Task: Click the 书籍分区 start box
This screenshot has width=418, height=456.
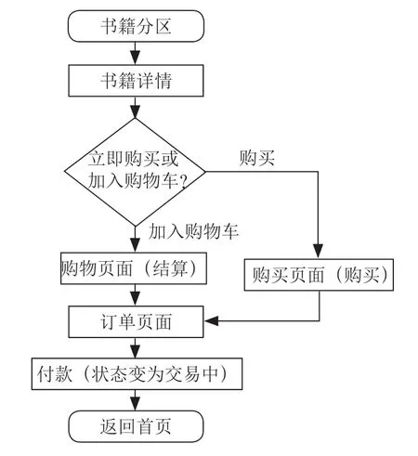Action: [136, 26]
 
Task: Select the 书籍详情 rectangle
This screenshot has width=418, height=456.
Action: [136, 81]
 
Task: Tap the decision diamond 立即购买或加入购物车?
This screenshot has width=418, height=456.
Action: [135, 172]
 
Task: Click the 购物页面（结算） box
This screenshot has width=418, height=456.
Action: [134, 268]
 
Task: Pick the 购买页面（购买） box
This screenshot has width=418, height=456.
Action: [319, 275]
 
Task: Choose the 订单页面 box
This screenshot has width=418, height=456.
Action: [136, 321]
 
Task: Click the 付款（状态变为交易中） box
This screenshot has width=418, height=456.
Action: [137, 374]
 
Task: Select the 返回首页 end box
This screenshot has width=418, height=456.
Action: [136, 426]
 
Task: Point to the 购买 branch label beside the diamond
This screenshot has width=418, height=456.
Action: [257, 158]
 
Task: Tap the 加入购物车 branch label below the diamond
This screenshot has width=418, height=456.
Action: [193, 231]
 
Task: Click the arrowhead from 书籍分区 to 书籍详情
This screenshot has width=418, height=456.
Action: [135, 58]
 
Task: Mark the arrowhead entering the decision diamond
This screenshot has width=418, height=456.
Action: [135, 111]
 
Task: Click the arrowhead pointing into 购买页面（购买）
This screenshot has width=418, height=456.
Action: [318, 252]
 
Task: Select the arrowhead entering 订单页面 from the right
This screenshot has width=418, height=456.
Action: [211, 321]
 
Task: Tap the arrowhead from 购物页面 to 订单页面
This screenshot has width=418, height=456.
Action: [135, 299]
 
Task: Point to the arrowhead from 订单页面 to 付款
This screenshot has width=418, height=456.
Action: [135, 351]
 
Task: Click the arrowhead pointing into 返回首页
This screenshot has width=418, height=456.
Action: [135, 404]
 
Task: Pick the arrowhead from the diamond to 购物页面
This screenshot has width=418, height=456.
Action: [135, 246]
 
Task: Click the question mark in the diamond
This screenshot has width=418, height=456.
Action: [183, 181]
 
